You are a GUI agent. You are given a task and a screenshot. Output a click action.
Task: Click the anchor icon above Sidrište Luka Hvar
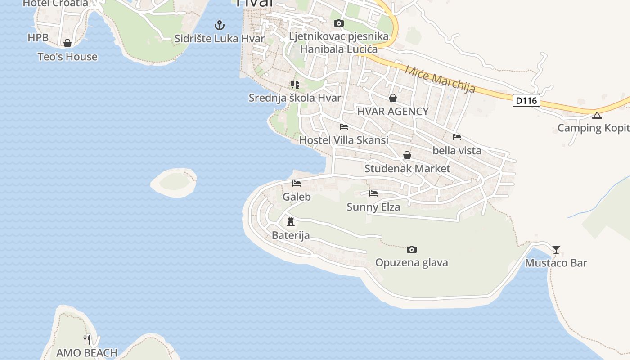219,25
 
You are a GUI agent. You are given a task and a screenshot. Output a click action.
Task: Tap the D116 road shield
526,100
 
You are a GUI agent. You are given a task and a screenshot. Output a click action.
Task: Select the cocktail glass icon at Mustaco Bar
556,249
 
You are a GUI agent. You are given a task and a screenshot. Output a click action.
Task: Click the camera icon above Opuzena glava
411,249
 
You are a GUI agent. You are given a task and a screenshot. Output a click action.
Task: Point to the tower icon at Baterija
291,221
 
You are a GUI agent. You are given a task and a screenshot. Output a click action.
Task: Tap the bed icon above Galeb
297,184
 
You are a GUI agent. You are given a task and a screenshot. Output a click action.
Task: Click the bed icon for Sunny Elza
373,193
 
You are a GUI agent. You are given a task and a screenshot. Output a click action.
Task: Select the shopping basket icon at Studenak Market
407,155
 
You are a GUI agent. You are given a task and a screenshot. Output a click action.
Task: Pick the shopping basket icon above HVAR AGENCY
393,98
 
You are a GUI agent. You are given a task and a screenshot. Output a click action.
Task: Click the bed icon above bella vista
457,137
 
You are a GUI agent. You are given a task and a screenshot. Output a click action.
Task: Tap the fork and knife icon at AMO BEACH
87,339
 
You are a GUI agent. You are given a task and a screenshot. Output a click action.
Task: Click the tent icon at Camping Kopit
597,115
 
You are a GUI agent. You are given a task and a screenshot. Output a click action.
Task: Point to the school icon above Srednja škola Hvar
295,84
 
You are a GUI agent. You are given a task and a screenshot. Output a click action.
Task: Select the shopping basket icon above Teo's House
67,43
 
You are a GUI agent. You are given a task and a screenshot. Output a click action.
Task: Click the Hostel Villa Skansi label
343,140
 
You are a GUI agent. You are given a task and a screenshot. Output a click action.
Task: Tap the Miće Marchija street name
440,79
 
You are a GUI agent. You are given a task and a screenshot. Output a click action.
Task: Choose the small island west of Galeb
174,182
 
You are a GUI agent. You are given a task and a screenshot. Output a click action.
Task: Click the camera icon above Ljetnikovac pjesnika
339,23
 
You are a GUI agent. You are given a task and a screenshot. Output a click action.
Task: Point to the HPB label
38,38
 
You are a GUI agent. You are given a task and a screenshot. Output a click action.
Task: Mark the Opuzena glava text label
411,262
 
